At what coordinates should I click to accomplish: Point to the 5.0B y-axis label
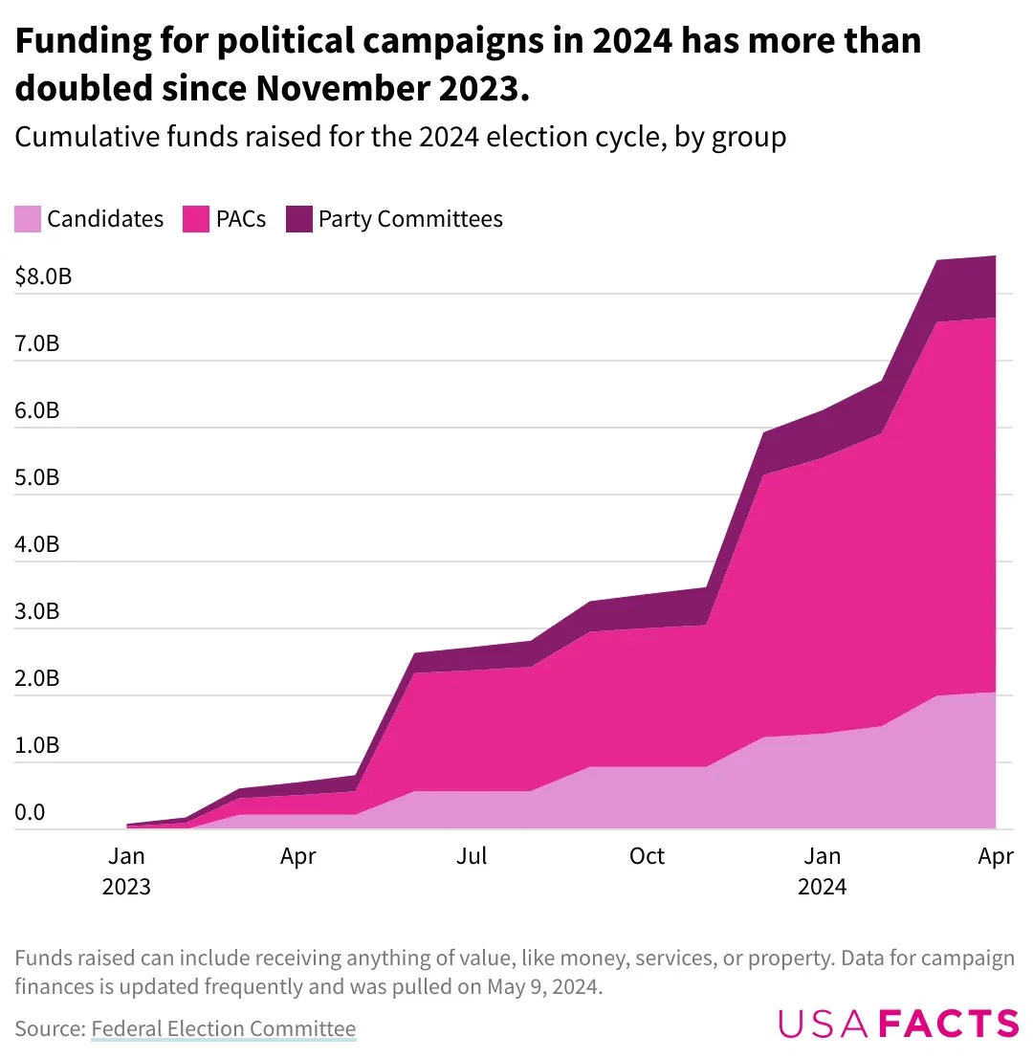tap(37, 477)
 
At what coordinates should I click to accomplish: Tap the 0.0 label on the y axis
tap(30, 812)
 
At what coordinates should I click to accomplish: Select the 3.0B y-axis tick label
tap(37, 611)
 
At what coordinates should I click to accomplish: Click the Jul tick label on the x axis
tap(472, 855)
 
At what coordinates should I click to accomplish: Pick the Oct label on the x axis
tap(647, 855)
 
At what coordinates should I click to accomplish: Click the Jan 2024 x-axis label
tap(822, 871)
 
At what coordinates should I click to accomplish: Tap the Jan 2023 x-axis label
tap(126, 871)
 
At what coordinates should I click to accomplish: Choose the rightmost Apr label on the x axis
tap(995, 855)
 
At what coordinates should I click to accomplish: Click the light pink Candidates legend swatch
tap(28, 219)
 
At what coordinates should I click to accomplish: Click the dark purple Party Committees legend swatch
tap(298, 219)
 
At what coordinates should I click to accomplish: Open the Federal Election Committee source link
tap(223, 1029)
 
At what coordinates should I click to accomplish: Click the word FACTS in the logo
tap(948, 1023)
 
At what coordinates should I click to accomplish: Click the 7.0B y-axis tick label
tap(37, 343)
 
